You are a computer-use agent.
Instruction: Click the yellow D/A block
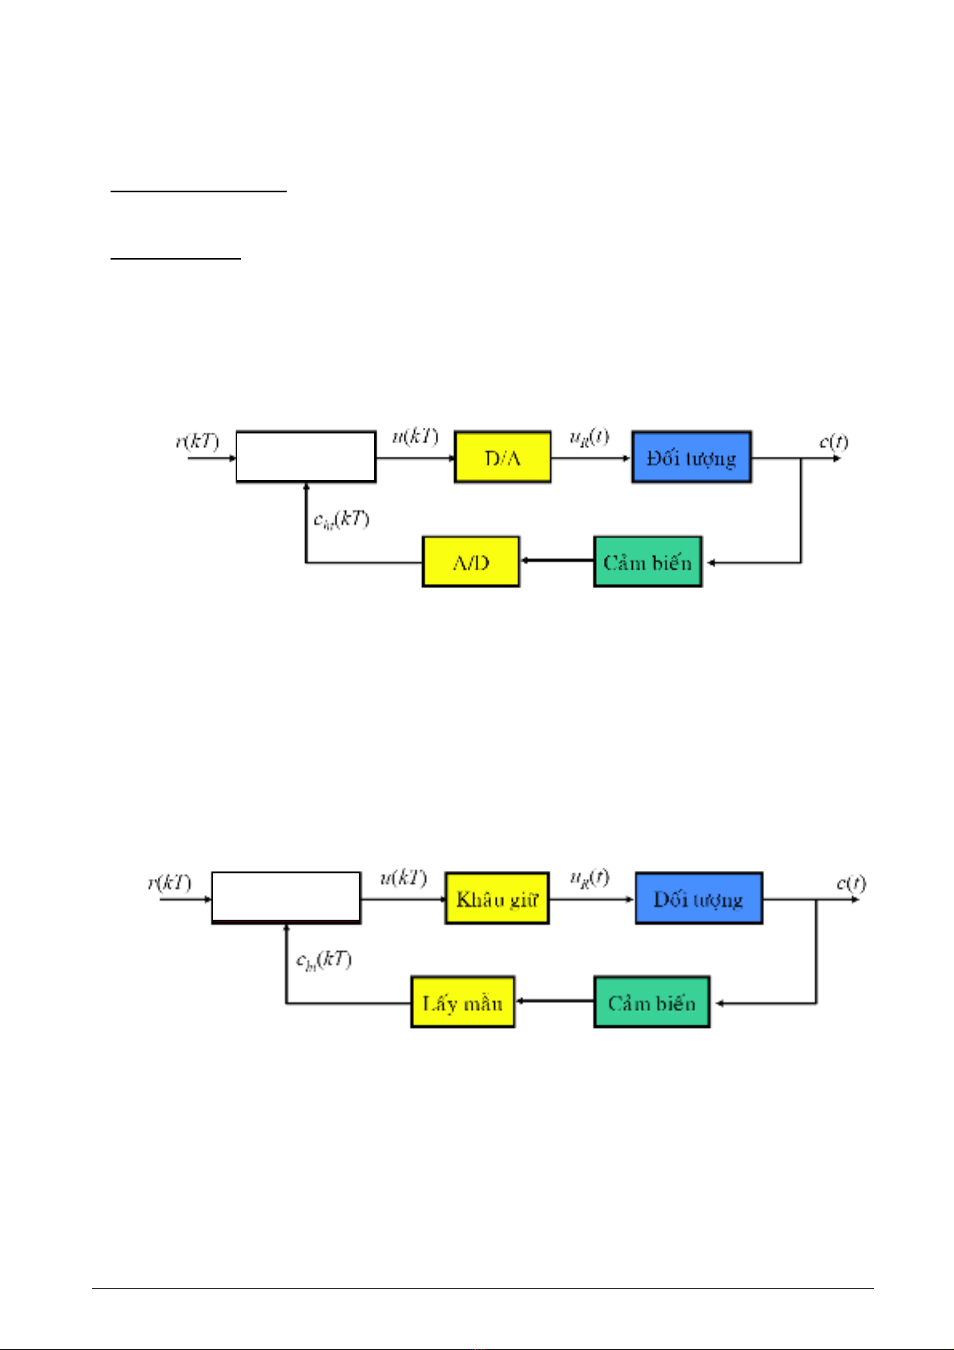[502, 457]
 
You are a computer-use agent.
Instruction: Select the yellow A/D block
[470, 562]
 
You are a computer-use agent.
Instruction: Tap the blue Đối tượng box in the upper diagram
[691, 457]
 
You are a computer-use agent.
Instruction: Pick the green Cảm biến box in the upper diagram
[647, 562]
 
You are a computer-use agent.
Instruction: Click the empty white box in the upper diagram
[306, 457]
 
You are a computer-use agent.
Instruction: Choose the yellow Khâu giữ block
[497, 898]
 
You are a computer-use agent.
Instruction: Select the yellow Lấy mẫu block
[462, 1002]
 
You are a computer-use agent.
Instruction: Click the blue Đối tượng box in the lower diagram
[698, 898]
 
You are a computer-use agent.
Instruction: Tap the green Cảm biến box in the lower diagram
[651, 1002]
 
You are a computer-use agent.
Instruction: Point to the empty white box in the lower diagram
[286, 897]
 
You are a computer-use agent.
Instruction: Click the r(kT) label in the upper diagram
[197, 441]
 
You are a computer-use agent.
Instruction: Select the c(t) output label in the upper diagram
[833, 441]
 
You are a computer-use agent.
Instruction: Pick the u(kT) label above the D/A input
[415, 437]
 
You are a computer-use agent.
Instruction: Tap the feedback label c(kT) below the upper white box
[341, 519]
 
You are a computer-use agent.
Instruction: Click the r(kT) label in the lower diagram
[169, 883]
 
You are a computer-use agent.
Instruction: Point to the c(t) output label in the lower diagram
[851, 883]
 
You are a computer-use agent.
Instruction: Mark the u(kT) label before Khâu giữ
[403, 878]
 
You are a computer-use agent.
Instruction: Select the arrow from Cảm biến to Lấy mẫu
[554, 1001]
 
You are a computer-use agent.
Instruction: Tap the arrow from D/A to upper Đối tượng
[591, 458]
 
